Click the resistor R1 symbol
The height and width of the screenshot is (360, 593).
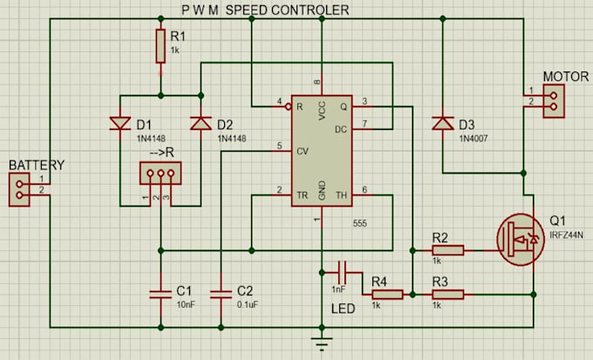160,45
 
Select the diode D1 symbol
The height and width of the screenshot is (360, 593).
120,123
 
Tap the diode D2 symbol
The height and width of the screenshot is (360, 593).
201,123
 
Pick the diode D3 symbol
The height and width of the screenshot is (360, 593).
443,123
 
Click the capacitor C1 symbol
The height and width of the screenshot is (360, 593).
160,295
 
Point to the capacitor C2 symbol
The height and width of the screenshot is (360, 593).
221,295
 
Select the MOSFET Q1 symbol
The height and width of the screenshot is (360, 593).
521,240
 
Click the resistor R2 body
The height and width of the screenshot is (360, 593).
447,250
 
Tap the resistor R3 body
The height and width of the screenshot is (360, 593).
447,295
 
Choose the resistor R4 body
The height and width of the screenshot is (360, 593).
387,295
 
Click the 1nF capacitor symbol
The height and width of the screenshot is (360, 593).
342,272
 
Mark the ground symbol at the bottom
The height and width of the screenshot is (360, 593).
322,343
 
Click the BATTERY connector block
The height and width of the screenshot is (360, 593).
19,190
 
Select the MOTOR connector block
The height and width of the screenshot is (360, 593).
554,101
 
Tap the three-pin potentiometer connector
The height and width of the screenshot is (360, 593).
160,173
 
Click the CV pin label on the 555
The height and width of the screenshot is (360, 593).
303,152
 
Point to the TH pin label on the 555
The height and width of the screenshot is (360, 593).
341,195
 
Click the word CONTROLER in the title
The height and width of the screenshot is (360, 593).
310,10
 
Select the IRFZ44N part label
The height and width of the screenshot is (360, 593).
566,235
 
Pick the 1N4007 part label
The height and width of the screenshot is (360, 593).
474,139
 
